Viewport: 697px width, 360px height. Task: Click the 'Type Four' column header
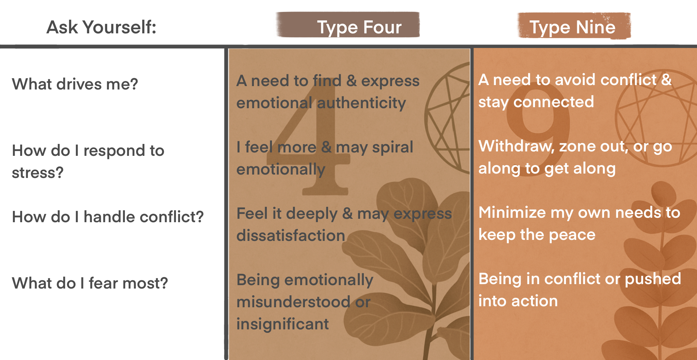pyautogui.click(x=359, y=27)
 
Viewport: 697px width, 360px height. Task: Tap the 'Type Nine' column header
pyautogui.click(x=572, y=27)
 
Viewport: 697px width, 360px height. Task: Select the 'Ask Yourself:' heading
pyautogui.click(x=101, y=27)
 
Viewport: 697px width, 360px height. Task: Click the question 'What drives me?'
pyautogui.click(x=75, y=84)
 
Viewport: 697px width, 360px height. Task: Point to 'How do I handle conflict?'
pyautogui.click(x=108, y=217)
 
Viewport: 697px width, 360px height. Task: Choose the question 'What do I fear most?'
pyautogui.click(x=90, y=283)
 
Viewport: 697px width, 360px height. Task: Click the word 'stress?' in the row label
pyautogui.click(x=37, y=173)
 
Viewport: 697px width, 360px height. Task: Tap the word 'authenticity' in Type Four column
pyautogui.click(x=361, y=103)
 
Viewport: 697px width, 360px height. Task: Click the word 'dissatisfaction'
pyautogui.click(x=291, y=235)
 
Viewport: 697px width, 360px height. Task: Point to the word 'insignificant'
pyautogui.click(x=282, y=324)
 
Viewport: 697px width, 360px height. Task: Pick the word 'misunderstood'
pyautogui.click(x=293, y=302)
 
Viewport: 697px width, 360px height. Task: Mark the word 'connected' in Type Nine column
pyautogui.click(x=553, y=102)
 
